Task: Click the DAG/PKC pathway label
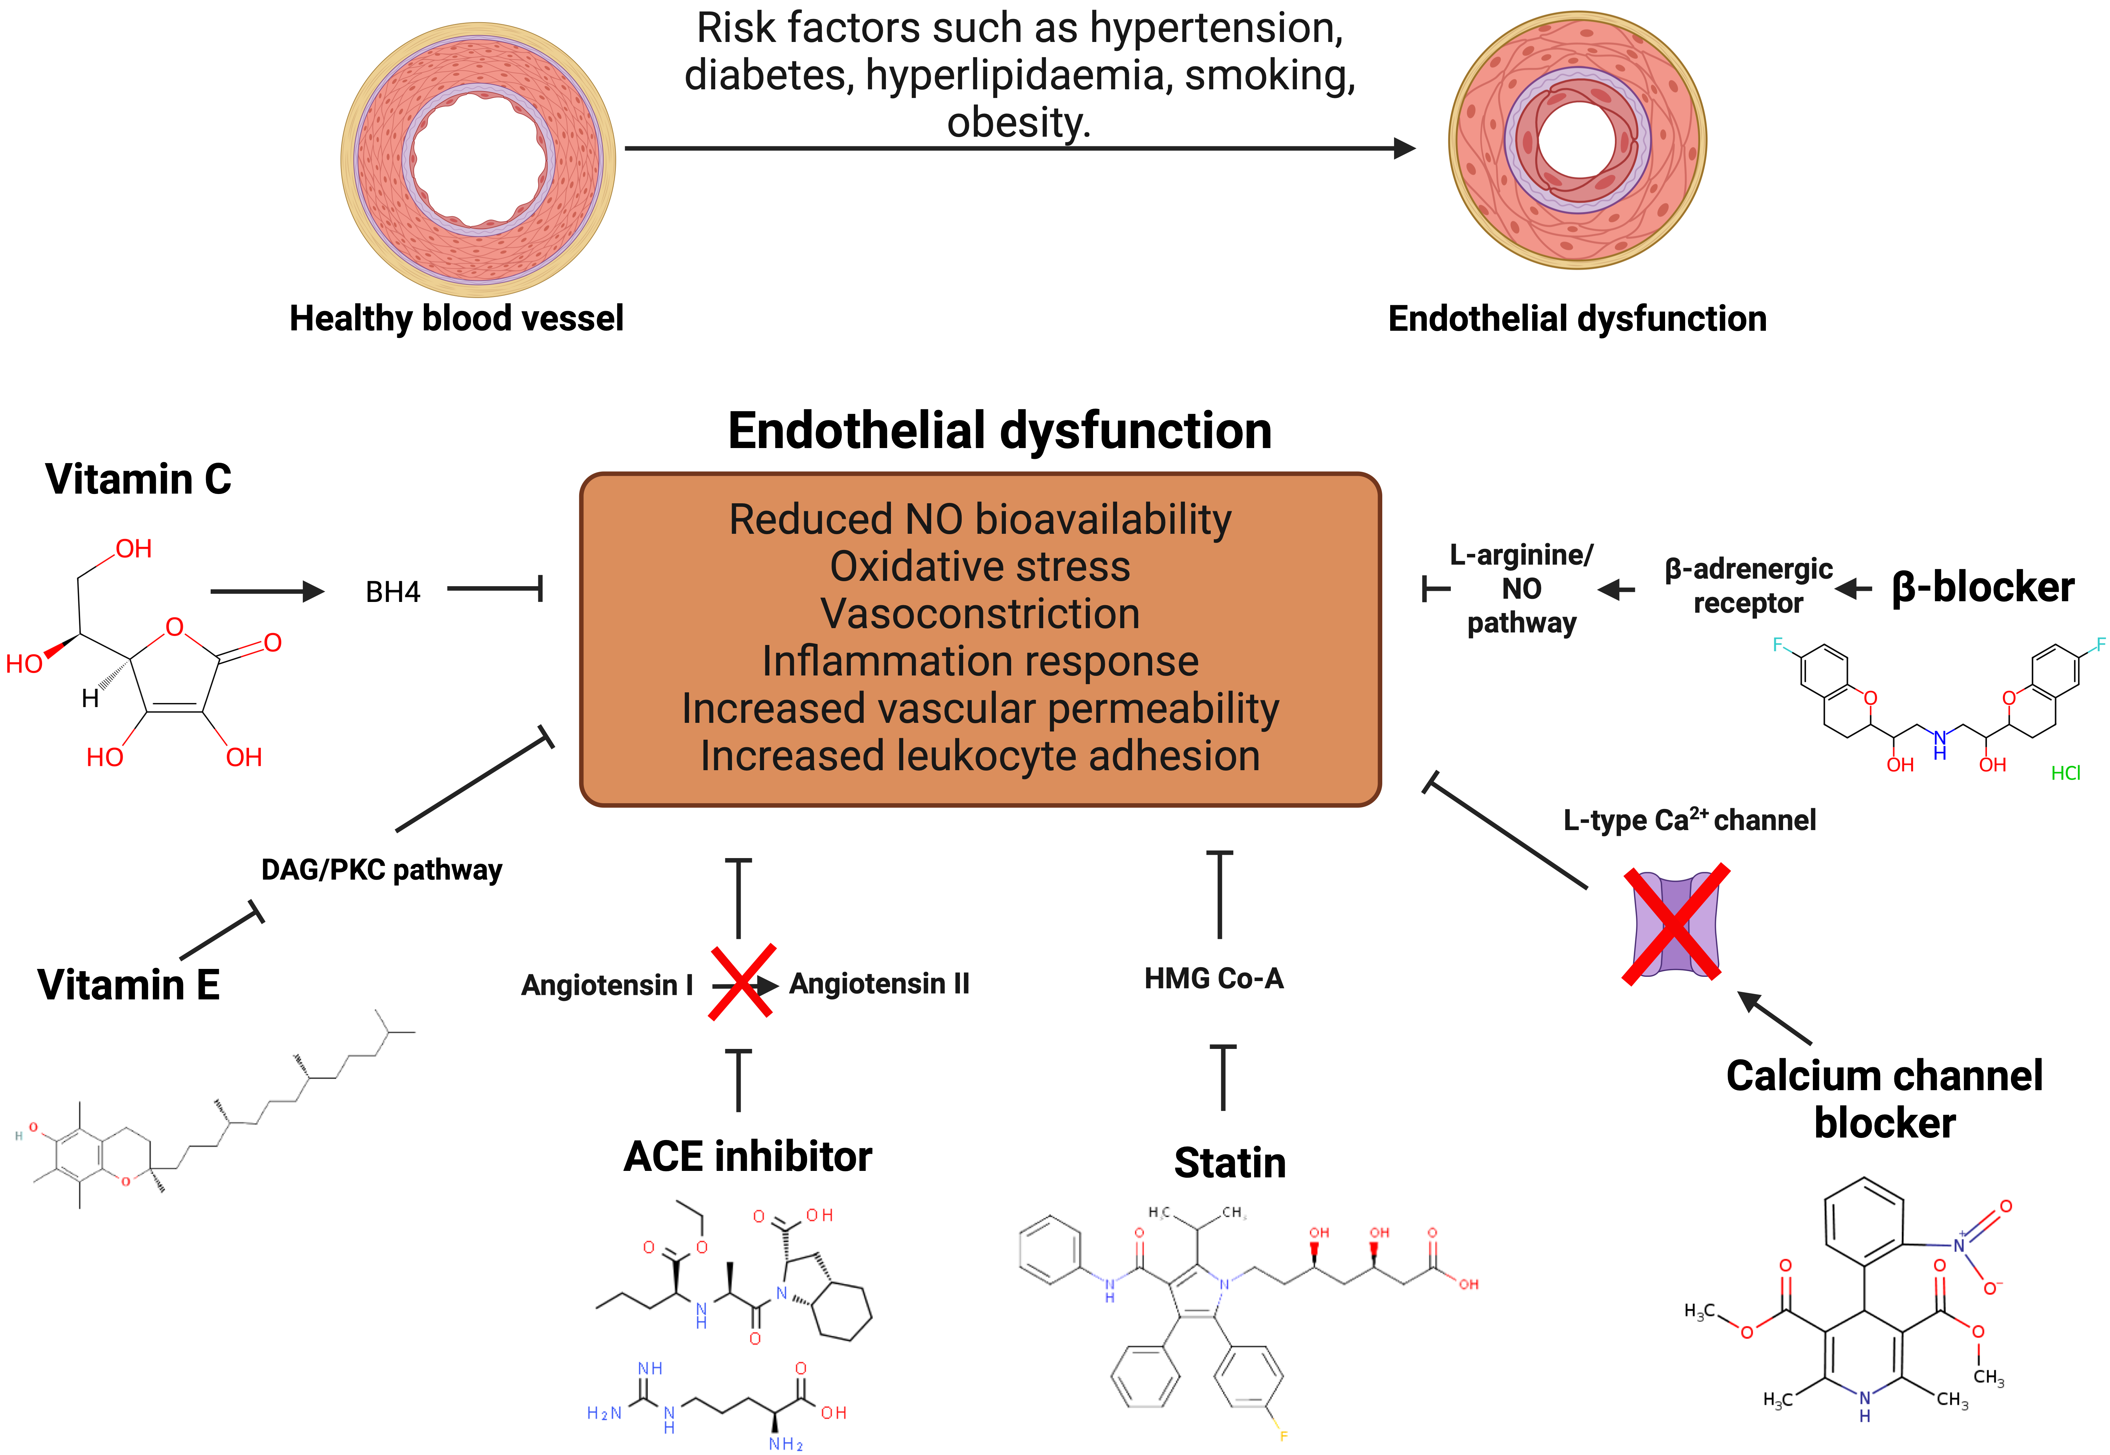coord(381,870)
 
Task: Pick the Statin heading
coord(1229,1163)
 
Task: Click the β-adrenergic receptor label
coord(1748,586)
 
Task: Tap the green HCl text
coord(2065,773)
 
